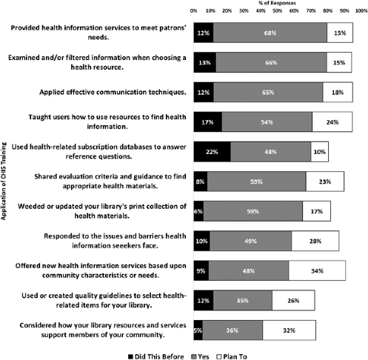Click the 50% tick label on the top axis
click(277, 11)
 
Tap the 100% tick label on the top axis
click(361, 11)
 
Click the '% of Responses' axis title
click(277, 3)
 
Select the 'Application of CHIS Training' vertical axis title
click(4, 181)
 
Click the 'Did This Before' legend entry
click(156, 357)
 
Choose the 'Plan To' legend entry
click(232, 357)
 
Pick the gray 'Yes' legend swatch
click(194, 357)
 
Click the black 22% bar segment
click(213, 152)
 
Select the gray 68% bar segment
click(270, 33)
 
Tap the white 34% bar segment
click(317, 270)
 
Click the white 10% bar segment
click(320, 152)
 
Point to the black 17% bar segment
click(208, 122)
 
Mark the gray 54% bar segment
click(267, 122)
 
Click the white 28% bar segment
click(315, 241)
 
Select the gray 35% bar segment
click(243, 301)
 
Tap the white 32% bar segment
click(290, 330)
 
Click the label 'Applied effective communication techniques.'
click(113, 92)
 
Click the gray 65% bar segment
click(268, 93)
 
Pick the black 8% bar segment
click(201, 181)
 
